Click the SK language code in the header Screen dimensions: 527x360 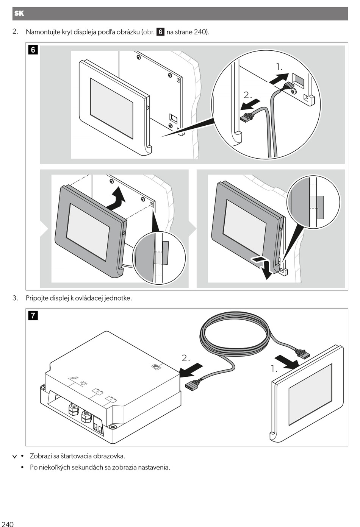19,14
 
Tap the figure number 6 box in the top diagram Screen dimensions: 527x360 33,50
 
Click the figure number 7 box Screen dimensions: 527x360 33,315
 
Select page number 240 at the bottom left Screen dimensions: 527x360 8,524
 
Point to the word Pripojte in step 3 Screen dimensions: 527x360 37,298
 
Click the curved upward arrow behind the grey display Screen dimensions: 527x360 116,198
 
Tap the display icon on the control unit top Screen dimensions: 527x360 156,366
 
